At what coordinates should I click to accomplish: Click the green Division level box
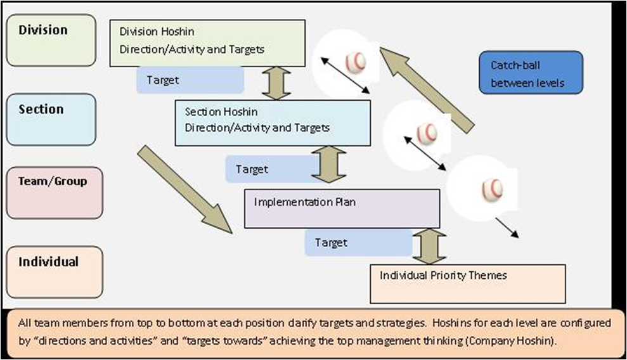click(51, 41)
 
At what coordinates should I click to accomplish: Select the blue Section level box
click(51, 119)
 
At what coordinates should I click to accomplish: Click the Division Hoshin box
click(207, 43)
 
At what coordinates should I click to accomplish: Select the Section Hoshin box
click(273, 123)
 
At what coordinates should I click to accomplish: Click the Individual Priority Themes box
click(467, 283)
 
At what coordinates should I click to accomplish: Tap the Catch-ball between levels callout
click(531, 73)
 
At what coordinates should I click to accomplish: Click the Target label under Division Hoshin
click(190, 80)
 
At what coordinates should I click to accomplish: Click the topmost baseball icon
click(356, 61)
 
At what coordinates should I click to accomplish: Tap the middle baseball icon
click(427, 132)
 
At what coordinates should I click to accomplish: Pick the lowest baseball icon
click(492, 188)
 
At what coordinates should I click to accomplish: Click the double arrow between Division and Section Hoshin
click(276, 84)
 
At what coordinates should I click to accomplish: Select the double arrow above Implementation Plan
click(330, 165)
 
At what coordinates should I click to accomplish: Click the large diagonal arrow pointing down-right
click(185, 189)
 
